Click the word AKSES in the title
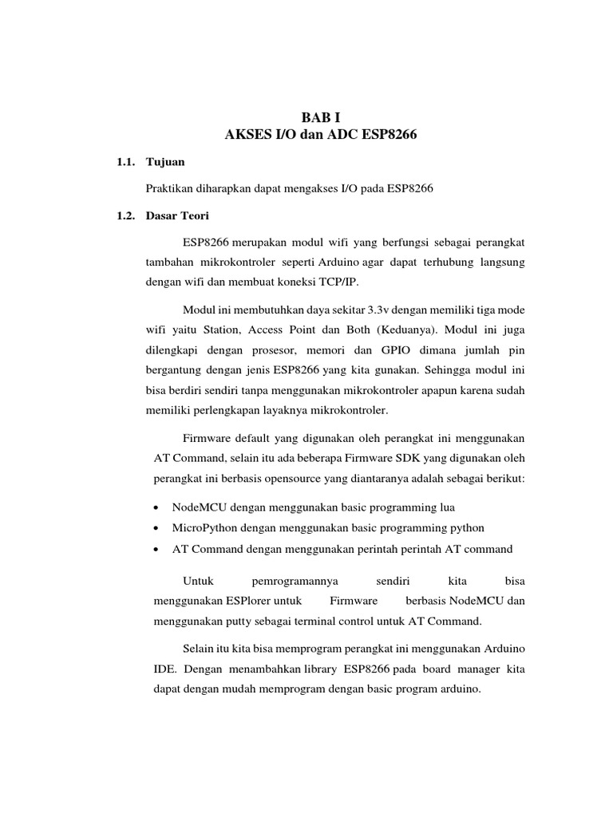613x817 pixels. point(248,135)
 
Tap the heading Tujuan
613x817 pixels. point(165,162)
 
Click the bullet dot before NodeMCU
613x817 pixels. point(155,507)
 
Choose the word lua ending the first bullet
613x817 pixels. point(448,507)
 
